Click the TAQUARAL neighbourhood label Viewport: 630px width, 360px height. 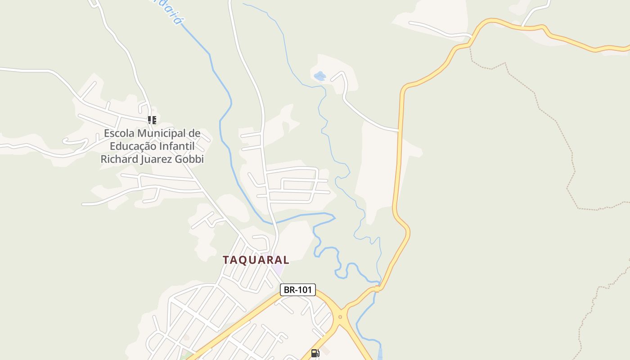pyautogui.click(x=256, y=260)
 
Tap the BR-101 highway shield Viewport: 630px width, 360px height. pyautogui.click(x=298, y=290)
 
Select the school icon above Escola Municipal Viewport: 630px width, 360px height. pyautogui.click(x=152, y=120)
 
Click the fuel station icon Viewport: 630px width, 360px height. pyautogui.click(x=315, y=353)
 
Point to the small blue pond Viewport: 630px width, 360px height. pyautogui.click(x=320, y=76)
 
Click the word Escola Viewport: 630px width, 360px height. pyautogui.click(x=119, y=133)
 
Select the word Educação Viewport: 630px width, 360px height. pyautogui.click(x=133, y=146)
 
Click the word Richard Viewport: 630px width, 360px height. pyautogui.click(x=117, y=159)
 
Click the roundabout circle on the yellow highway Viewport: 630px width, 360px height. pyautogui.click(x=340, y=317)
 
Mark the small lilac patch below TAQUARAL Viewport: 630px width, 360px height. pyautogui.click(x=278, y=270)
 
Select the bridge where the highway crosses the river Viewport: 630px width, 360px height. pyautogui.click(x=378, y=288)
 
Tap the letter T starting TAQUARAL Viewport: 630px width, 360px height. pyautogui.click(x=226, y=260)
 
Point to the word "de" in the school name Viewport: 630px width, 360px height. pyautogui.click(x=194, y=133)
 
